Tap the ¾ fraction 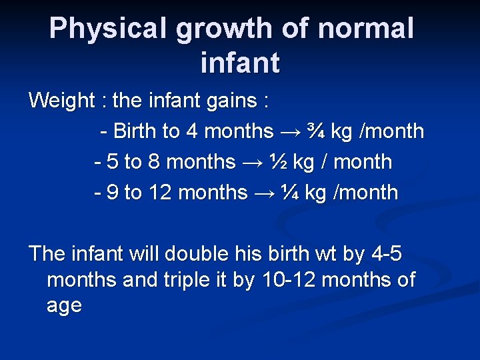(315, 131)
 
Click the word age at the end (65, 306)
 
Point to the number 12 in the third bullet (161, 193)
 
